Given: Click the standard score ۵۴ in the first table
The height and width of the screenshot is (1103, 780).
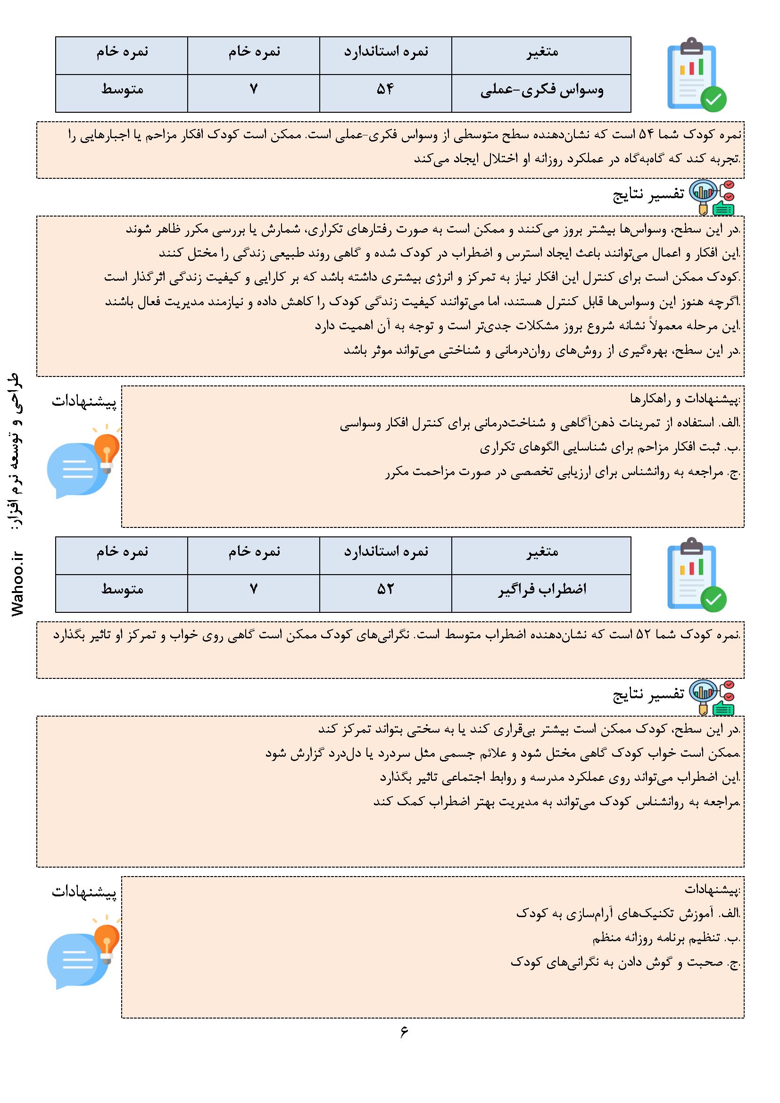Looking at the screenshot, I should (385, 90).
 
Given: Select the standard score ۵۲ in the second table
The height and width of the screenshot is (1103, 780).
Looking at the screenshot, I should (385, 589).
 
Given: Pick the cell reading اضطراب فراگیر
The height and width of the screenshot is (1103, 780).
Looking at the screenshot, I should (542, 589).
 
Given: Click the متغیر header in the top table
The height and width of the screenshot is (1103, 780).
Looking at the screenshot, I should (542, 51).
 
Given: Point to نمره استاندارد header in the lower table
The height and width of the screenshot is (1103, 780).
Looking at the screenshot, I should (385, 551).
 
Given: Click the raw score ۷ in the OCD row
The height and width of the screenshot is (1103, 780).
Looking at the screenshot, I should (254, 90).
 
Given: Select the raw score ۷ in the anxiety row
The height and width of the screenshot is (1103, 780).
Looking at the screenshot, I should (254, 589).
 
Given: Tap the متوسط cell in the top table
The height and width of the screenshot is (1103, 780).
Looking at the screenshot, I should (122, 90).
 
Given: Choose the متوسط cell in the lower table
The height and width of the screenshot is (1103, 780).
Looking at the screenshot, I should (122, 589).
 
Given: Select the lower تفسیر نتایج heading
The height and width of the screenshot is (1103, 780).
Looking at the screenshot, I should (648, 694).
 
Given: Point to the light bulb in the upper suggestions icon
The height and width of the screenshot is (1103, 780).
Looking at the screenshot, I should (107, 447).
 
